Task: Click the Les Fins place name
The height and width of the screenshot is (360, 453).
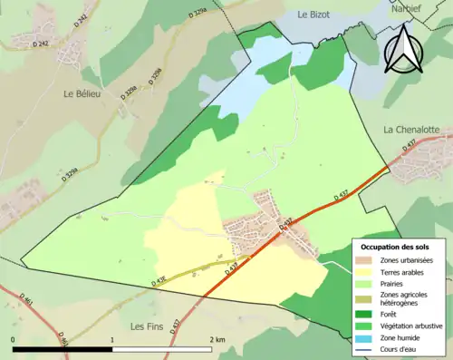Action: (149, 326)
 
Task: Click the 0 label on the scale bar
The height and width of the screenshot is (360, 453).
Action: (14, 339)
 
